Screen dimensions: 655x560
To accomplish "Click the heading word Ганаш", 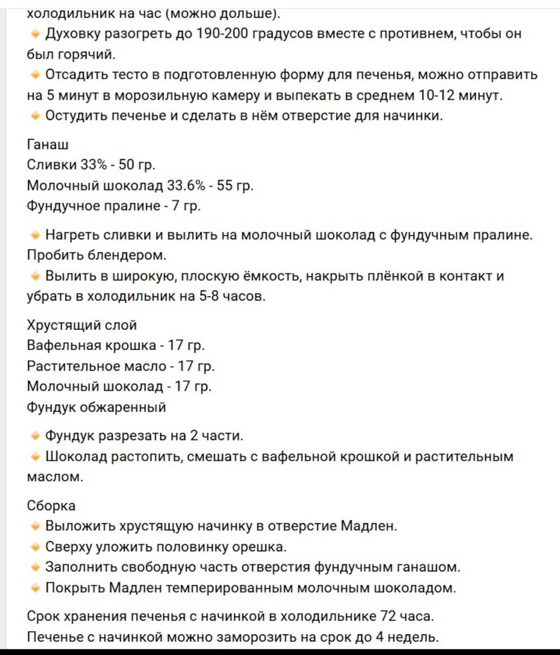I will pyautogui.click(x=48, y=144).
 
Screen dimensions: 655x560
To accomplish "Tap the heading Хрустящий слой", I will pyautogui.click(x=81, y=325).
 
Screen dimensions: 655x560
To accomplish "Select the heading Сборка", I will pyautogui.click(x=51, y=506).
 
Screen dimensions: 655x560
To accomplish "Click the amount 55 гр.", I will pyautogui.click(x=235, y=186).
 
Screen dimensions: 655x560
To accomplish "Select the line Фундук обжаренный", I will pyautogui.click(x=96, y=408).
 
